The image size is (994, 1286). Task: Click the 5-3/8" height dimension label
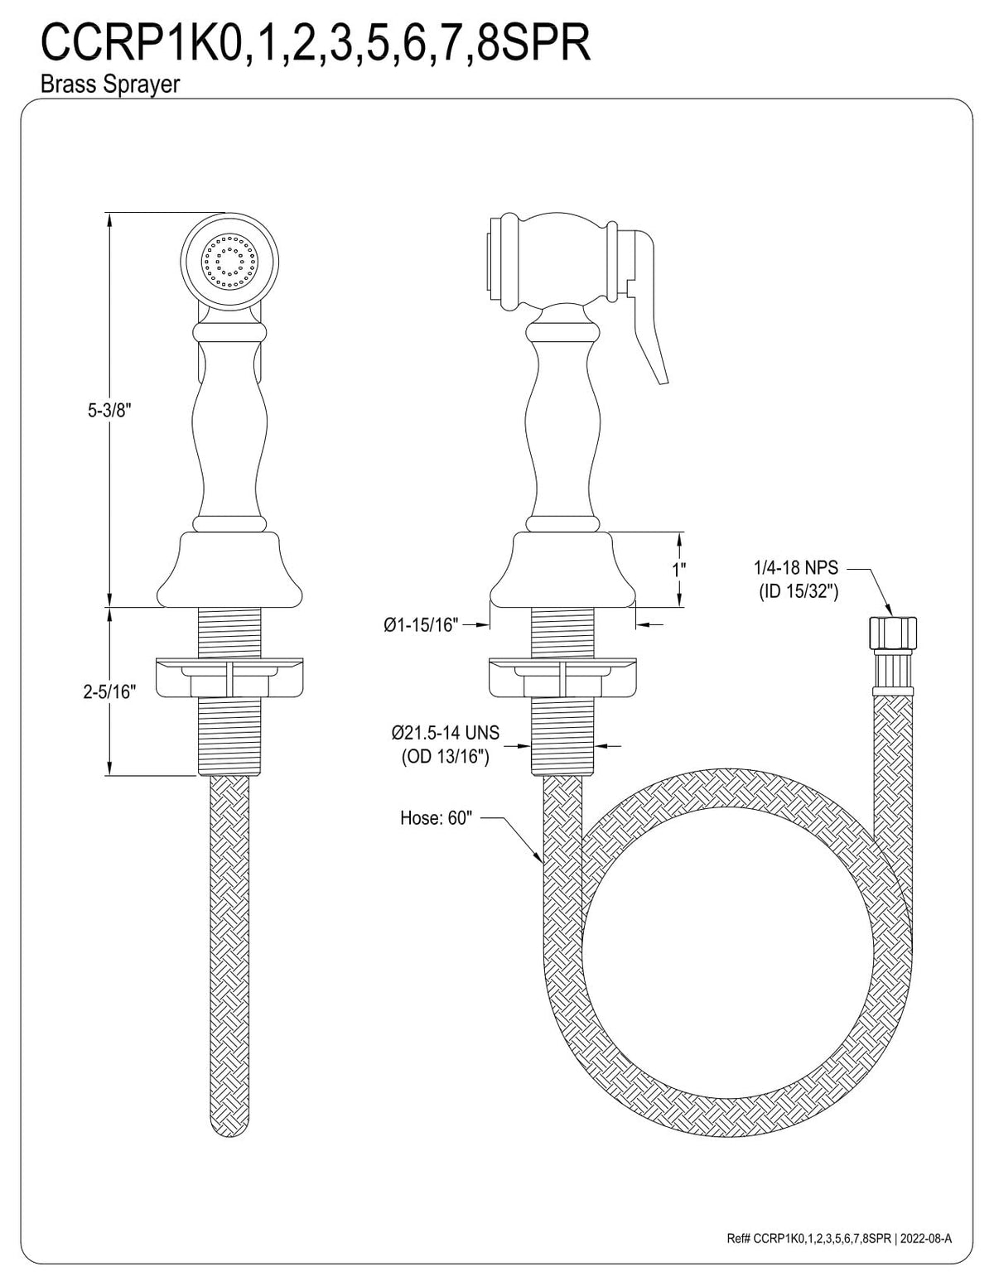pos(109,411)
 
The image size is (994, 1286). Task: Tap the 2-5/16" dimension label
pos(109,691)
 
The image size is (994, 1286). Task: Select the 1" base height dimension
pos(679,570)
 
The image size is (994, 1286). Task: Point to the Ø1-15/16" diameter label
pos(421,625)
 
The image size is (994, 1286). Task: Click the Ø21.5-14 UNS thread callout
pos(445,733)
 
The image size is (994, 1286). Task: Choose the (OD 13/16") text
pos(445,757)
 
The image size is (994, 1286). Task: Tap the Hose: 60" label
pos(437,818)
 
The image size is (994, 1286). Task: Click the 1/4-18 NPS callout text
pos(796,568)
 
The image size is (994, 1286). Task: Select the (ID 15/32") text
pos(799,592)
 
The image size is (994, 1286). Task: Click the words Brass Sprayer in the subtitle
pos(109,84)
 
